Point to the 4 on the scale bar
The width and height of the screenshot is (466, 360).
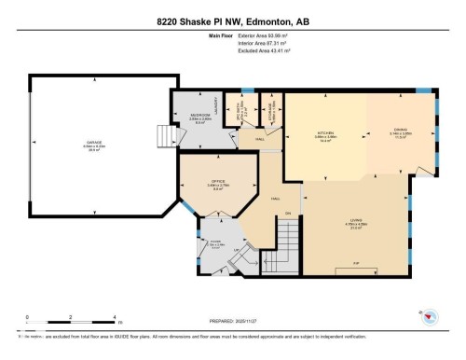pyautogui.click(x=113, y=318)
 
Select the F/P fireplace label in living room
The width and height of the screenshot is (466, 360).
pyautogui.click(x=356, y=264)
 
